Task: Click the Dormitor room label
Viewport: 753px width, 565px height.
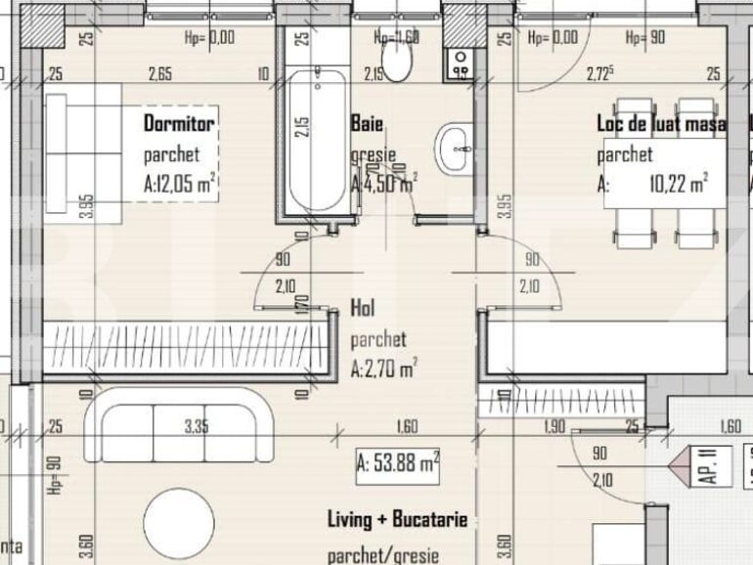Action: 179,123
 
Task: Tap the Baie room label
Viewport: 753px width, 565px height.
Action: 367,123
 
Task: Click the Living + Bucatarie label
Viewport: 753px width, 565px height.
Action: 397,519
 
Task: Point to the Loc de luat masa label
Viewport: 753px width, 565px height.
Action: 661,124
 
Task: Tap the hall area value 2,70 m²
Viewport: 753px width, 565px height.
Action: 384,369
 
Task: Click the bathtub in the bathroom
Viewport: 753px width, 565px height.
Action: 316,141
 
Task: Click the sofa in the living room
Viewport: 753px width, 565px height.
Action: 178,425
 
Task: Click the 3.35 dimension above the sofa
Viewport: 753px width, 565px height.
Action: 197,425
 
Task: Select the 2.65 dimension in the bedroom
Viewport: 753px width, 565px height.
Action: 160,74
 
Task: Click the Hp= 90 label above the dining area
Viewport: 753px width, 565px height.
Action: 645,38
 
